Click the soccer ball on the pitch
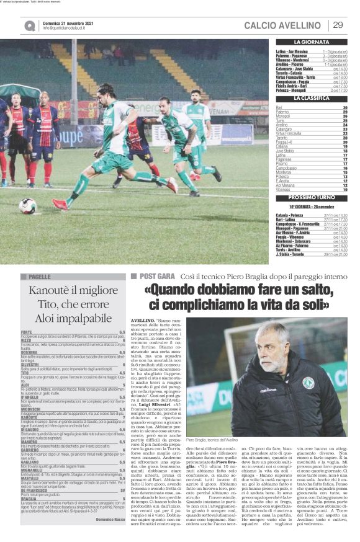(x=27, y=206)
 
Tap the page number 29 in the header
(x=338, y=25)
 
